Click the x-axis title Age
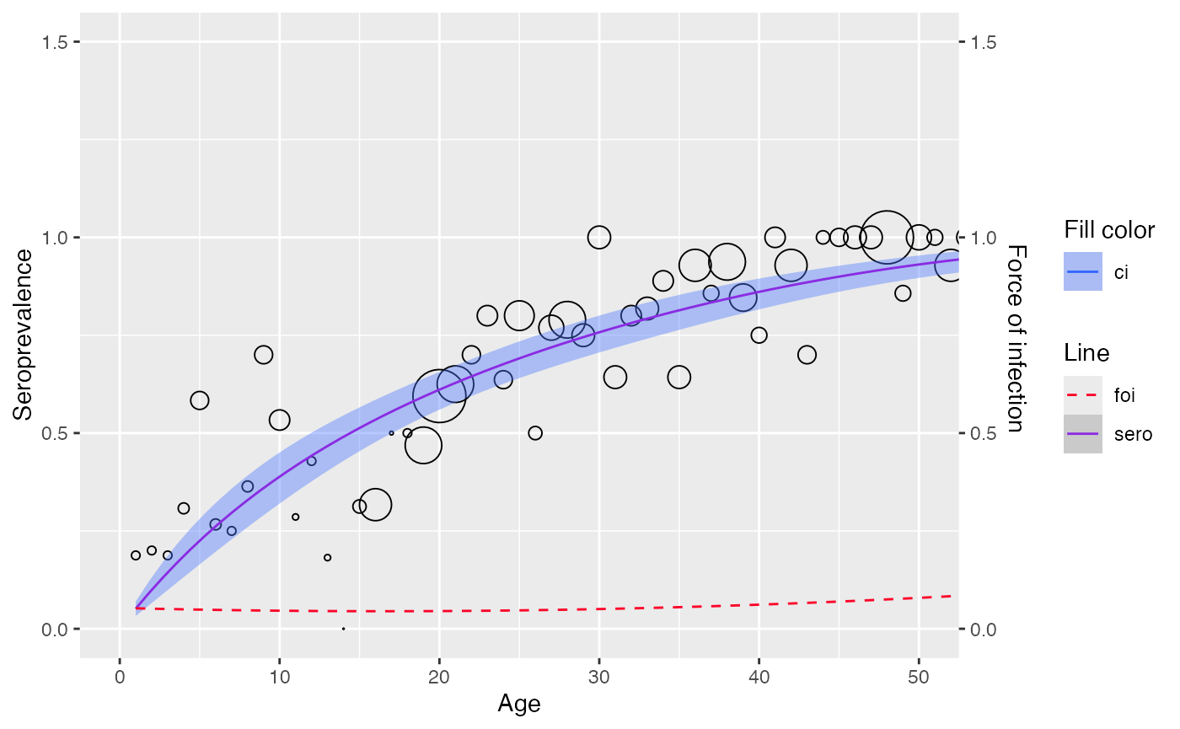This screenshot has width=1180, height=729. click(x=519, y=704)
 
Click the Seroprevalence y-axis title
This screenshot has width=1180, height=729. click(x=23, y=335)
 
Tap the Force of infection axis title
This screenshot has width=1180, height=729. click(x=1017, y=338)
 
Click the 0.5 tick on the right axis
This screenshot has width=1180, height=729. click(x=984, y=433)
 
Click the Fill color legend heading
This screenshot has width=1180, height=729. click(x=1108, y=230)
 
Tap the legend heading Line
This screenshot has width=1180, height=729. click(x=1086, y=352)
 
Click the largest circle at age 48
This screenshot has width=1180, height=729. click(x=887, y=237)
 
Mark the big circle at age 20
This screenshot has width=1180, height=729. click(x=439, y=395)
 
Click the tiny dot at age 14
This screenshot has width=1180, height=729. click(x=344, y=629)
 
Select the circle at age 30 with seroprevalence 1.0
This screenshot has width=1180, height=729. click(x=599, y=237)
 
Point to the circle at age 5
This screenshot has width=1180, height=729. click(x=200, y=400)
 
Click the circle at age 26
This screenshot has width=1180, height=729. click(x=535, y=433)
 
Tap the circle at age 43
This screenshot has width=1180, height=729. click(x=807, y=355)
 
